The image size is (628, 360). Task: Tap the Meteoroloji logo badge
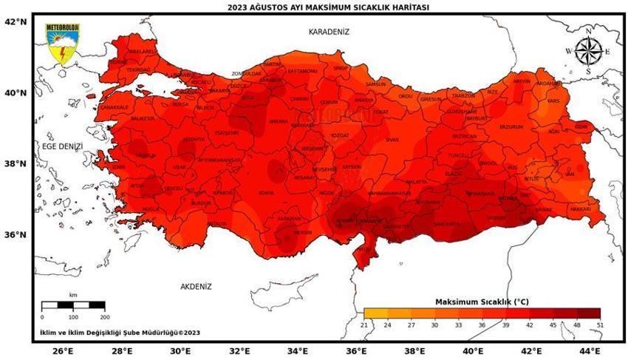click(63, 44)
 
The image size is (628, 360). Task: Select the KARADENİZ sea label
click(329, 32)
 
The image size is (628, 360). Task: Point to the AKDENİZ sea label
click(196, 286)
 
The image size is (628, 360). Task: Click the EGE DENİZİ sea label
click(61, 147)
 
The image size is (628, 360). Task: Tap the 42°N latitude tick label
click(16, 22)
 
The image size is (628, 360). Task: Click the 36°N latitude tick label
click(16, 235)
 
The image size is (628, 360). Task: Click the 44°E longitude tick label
click(590, 350)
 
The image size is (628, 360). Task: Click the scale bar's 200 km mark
click(104, 316)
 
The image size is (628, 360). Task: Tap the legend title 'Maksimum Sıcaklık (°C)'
click(482, 302)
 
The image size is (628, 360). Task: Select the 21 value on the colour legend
click(364, 325)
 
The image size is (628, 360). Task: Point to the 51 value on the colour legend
click(600, 325)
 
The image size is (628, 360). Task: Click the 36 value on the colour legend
click(482, 325)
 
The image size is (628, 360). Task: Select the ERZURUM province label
click(511, 126)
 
